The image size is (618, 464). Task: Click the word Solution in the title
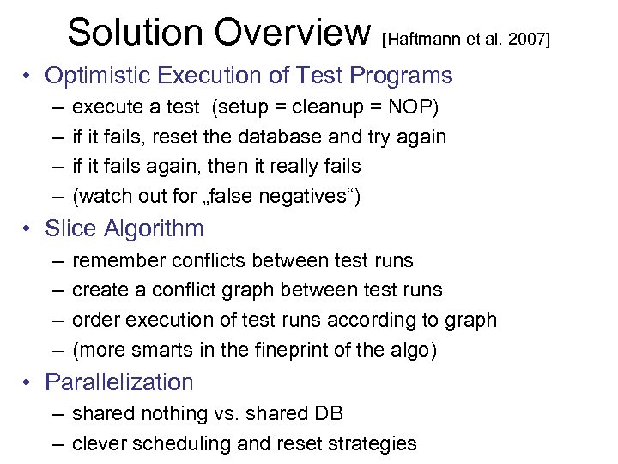(x=134, y=33)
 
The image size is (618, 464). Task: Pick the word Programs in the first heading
(x=403, y=76)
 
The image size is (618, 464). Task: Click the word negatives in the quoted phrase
(x=301, y=196)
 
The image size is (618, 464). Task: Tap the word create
(x=98, y=290)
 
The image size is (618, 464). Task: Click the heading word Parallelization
(x=119, y=382)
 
